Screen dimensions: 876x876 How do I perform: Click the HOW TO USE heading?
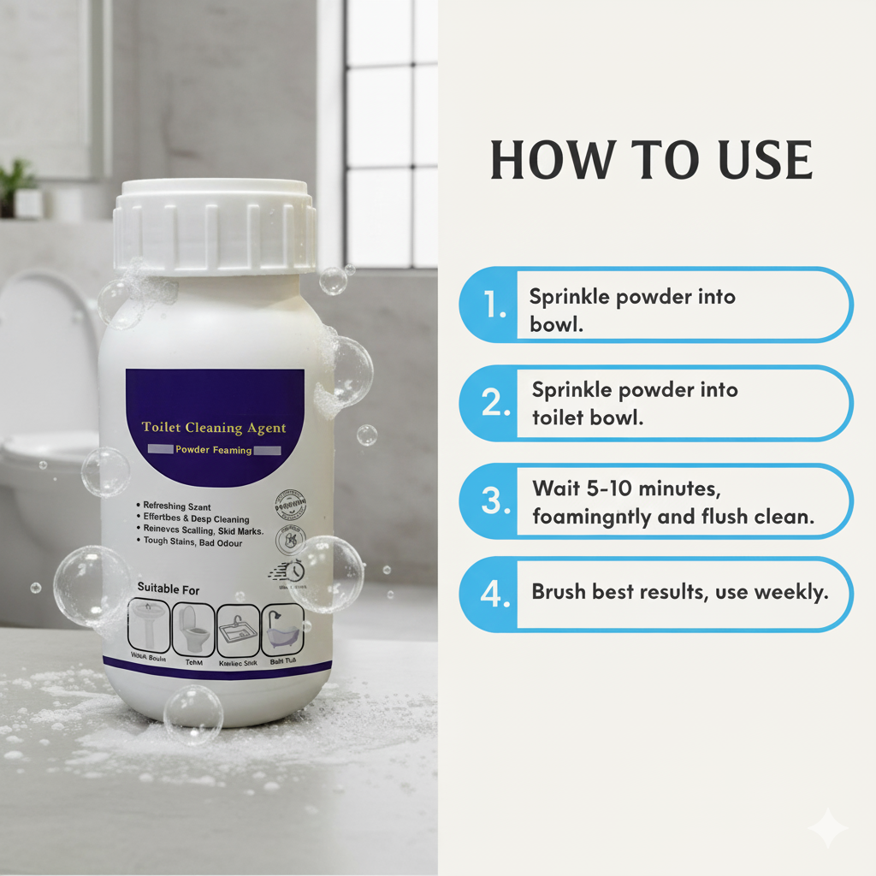pyautogui.click(x=651, y=159)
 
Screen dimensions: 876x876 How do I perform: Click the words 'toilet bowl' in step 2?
pyautogui.click(x=587, y=418)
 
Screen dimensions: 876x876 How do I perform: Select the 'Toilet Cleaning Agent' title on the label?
pyautogui.click(x=214, y=428)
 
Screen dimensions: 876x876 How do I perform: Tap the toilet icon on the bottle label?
pyautogui.click(x=192, y=629)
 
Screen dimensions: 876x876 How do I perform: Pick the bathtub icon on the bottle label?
pyautogui.click(x=281, y=630)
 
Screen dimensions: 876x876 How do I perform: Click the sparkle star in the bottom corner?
pyautogui.click(x=827, y=828)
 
